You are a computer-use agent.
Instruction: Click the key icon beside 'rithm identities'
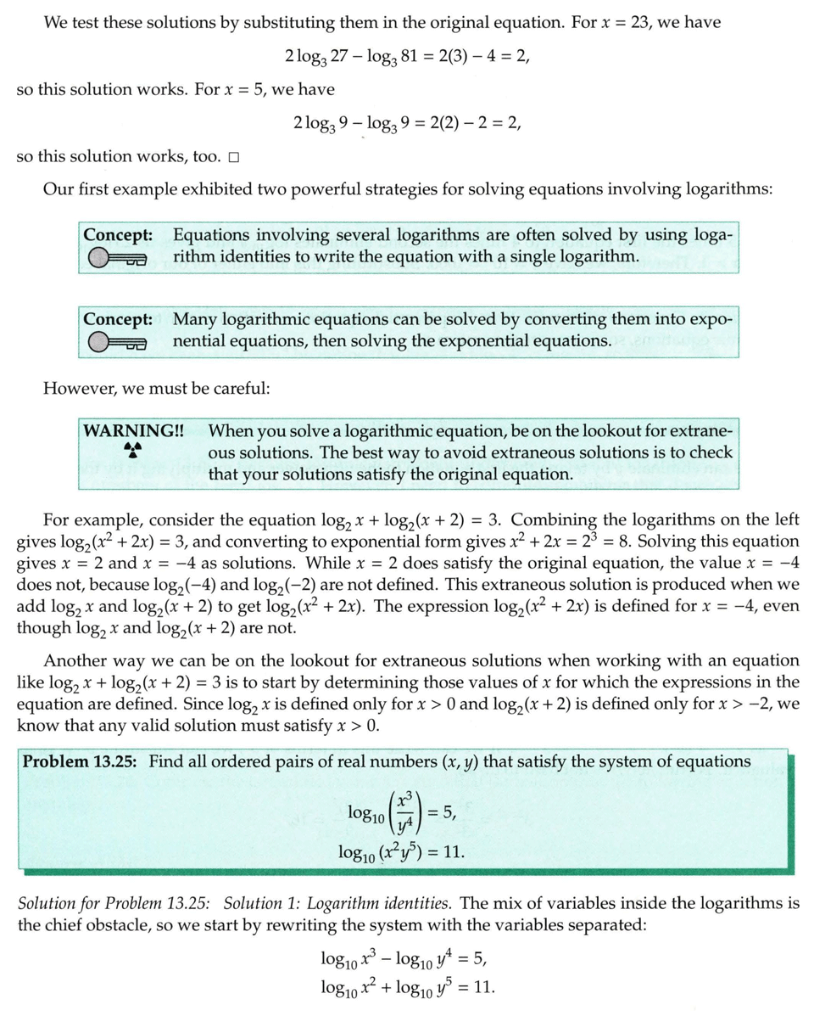pos(117,257)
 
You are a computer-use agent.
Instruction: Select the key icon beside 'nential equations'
pos(117,342)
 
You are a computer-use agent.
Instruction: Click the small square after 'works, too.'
pos(233,157)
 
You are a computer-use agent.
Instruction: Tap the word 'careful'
pos(242,389)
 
